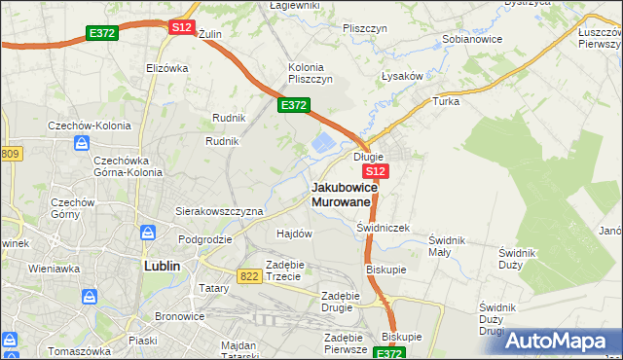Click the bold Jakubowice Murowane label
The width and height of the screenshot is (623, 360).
click(x=341, y=194)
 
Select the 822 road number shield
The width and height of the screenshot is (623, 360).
click(x=248, y=276)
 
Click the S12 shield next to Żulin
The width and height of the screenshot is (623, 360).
click(x=181, y=27)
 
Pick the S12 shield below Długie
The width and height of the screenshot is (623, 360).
click(x=378, y=171)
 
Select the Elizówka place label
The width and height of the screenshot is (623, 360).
click(x=165, y=68)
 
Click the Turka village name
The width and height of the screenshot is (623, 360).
click(x=446, y=100)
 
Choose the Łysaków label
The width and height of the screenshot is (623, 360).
click(x=401, y=75)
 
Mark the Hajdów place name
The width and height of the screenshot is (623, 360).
click(x=294, y=234)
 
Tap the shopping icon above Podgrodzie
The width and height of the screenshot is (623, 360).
click(x=147, y=233)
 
